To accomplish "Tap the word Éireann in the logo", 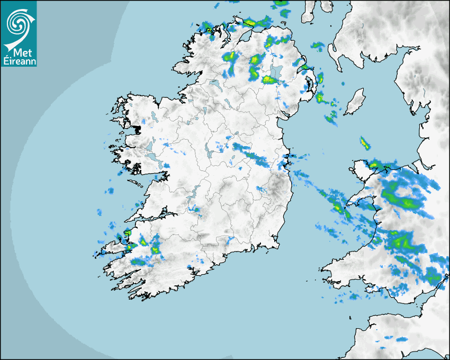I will click(19, 61).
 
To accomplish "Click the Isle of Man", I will click(355, 102).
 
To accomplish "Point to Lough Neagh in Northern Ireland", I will click(277, 73).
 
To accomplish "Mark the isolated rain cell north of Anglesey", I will click(365, 143).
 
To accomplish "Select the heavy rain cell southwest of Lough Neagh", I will click(268, 80).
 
